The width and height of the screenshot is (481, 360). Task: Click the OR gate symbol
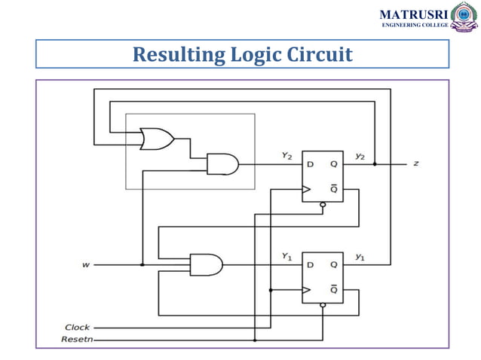[x=157, y=139]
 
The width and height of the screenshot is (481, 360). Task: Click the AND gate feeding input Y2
[x=222, y=164]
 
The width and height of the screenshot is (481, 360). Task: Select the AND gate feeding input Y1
[x=206, y=264]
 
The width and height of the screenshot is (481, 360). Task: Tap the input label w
[x=85, y=264]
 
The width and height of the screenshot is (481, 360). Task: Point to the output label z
[x=415, y=163]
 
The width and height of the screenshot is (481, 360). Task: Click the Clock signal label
[x=77, y=328]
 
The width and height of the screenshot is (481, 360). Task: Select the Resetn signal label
[x=78, y=340]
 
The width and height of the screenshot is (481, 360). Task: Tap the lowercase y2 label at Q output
[x=360, y=156]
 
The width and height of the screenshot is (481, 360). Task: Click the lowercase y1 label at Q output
[x=360, y=256]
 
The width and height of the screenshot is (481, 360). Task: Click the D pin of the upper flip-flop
[x=309, y=164]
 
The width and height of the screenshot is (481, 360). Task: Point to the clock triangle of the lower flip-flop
[x=307, y=289]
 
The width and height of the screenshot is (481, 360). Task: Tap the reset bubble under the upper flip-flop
[x=323, y=205]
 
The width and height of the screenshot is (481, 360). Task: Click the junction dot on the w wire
[x=142, y=264]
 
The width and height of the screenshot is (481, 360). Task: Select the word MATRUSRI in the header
[x=412, y=14]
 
